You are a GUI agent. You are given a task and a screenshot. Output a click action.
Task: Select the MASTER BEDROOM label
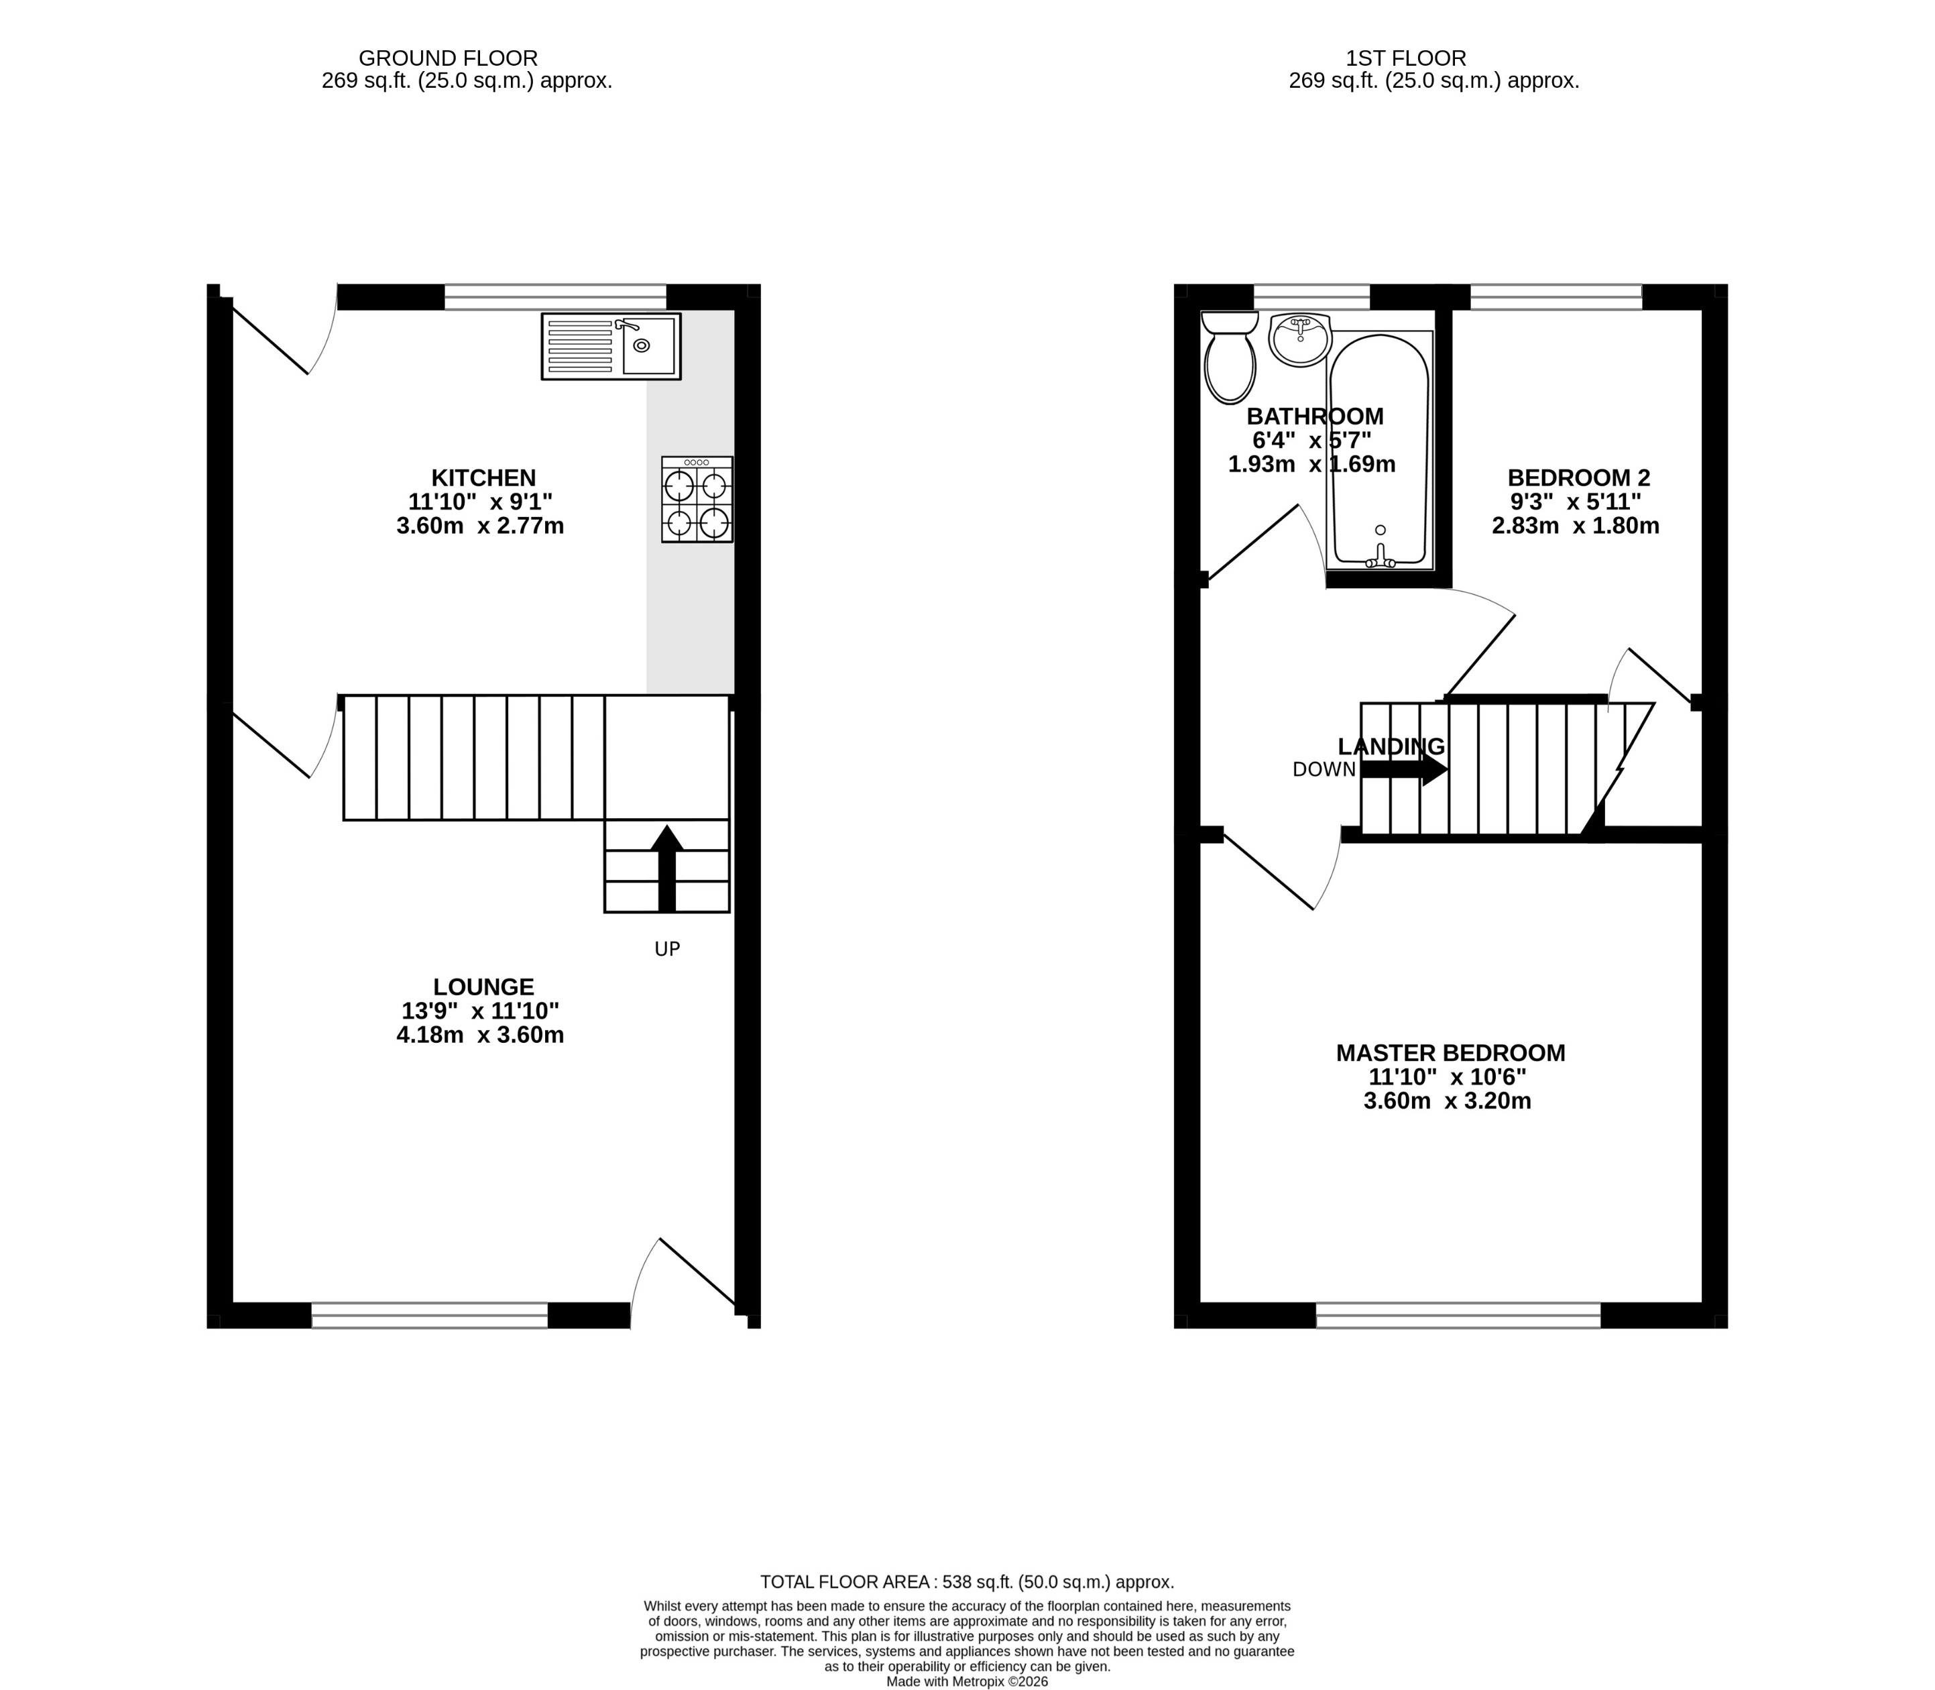tap(1450, 1052)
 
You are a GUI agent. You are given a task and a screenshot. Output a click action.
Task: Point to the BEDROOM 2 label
tap(1578, 478)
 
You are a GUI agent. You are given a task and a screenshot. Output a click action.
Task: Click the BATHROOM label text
tap(1315, 416)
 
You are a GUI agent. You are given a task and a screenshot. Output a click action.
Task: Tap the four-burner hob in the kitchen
tap(697, 500)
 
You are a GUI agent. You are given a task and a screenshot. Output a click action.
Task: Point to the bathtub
tap(1380, 453)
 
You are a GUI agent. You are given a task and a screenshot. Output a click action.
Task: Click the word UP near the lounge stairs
tap(666, 950)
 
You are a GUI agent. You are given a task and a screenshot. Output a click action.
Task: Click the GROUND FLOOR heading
tap(448, 58)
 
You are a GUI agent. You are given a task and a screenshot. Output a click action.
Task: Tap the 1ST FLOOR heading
tap(1405, 58)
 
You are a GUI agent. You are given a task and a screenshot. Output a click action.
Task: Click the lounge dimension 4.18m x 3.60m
tap(480, 1035)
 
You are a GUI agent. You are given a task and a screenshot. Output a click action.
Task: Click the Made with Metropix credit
tap(967, 1681)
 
